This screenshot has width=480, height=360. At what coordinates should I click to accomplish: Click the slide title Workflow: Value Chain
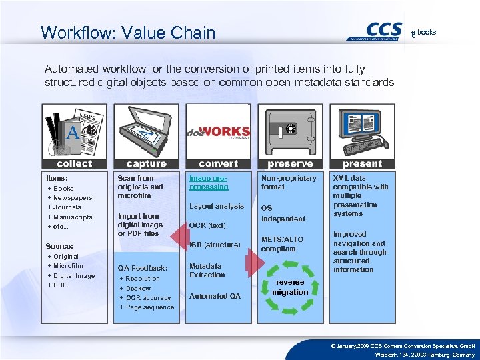tap(128, 33)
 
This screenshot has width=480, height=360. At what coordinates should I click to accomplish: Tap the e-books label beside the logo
tap(424, 32)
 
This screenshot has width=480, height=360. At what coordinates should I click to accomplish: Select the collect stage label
tap(75, 163)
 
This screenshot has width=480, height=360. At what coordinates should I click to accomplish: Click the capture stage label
tap(147, 163)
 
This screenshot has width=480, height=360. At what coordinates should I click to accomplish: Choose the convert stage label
tap(218, 163)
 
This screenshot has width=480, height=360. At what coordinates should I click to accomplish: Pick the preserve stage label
tap(290, 163)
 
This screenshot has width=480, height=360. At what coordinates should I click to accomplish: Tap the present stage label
tap(362, 163)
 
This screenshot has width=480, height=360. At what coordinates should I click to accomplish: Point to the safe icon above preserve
tap(290, 131)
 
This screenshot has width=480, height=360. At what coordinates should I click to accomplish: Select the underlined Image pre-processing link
tap(208, 183)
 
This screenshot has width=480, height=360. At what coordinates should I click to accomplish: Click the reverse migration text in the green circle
tap(290, 287)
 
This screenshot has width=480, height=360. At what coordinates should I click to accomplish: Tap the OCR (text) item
tap(207, 225)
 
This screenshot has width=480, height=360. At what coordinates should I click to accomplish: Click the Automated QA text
tap(215, 296)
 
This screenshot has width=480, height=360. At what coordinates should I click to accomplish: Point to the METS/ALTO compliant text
tap(282, 244)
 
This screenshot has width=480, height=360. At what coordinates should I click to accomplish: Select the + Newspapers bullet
tap(70, 198)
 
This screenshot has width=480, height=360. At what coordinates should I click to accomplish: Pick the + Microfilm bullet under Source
tap(67, 266)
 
